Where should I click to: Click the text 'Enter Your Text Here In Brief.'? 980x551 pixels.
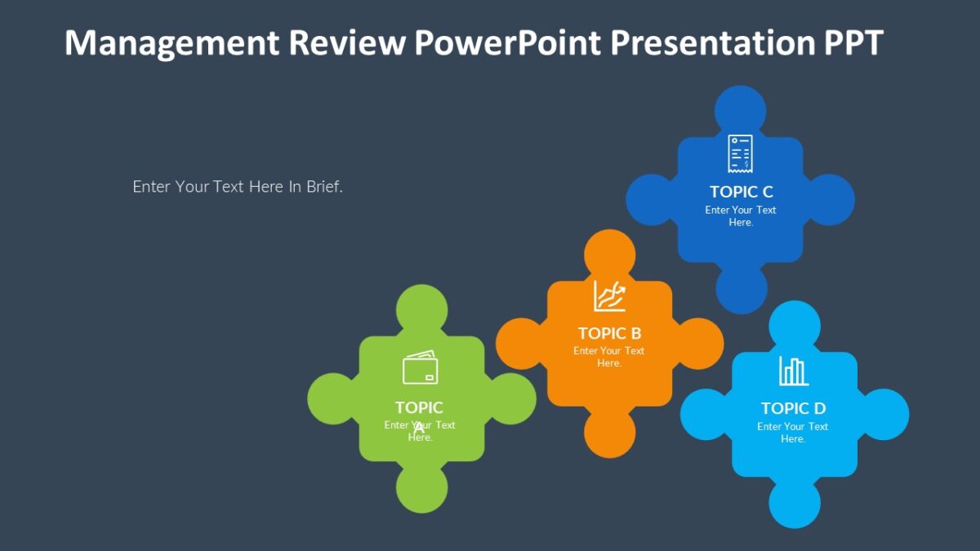point(238,187)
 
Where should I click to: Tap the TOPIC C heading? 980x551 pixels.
point(741,192)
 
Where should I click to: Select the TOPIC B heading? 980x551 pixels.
point(609,333)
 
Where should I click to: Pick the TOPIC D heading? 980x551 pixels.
point(793,408)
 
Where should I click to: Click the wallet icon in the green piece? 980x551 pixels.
point(421,367)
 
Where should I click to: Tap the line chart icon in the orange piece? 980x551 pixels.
point(609,295)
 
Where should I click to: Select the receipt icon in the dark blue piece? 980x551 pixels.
point(740,153)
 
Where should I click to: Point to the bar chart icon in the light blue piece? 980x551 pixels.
point(793,371)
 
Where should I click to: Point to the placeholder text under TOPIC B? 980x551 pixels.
point(609,357)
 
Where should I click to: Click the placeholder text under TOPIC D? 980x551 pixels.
point(793,433)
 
